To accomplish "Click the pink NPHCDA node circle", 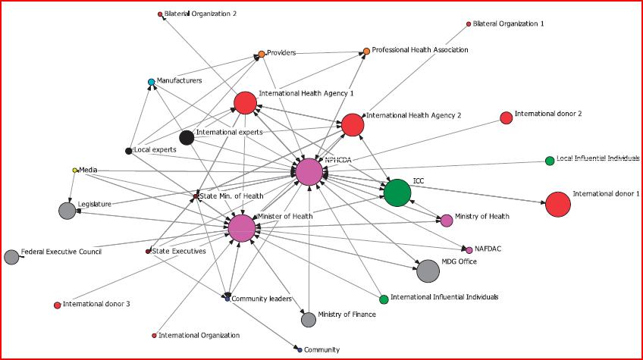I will (x=309, y=172).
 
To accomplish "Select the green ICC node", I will (x=397, y=193).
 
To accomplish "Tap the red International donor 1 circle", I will (x=557, y=204).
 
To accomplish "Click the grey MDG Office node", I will (x=428, y=271).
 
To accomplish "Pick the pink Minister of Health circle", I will (x=242, y=228).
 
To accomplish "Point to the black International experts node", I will (x=187, y=137).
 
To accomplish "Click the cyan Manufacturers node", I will (x=152, y=82).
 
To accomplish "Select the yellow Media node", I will (x=75, y=170).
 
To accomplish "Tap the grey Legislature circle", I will (x=68, y=211).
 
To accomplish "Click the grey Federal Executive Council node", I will (x=11, y=257).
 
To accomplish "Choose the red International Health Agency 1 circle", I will (x=245, y=102).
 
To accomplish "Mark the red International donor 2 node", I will (x=506, y=117).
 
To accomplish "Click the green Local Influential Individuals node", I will (x=550, y=161).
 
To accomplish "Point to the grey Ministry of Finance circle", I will (x=309, y=320).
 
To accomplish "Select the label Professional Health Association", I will (x=420, y=50).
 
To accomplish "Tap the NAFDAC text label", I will (x=489, y=248).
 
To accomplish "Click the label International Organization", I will (x=200, y=335).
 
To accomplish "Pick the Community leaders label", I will (x=261, y=299).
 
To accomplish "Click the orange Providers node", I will (x=262, y=54).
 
